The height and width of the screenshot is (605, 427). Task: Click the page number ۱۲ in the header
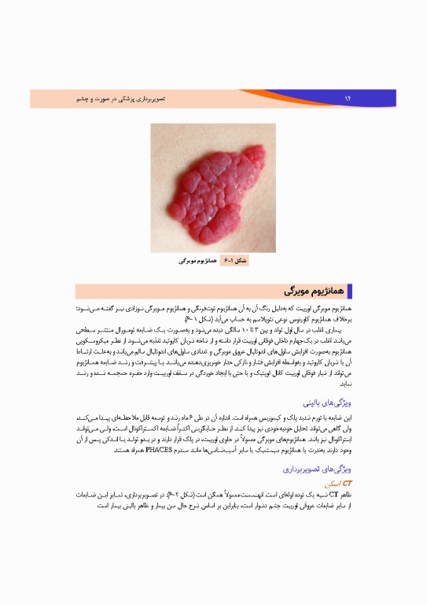coord(347,98)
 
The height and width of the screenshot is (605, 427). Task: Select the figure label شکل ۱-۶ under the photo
coord(235,259)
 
